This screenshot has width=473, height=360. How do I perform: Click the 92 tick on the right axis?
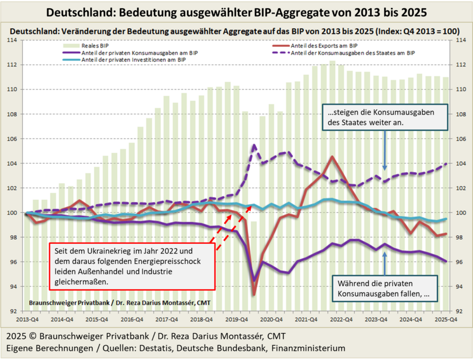458,311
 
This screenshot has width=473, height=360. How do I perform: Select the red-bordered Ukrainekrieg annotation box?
131,266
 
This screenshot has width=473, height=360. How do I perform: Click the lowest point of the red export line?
254,295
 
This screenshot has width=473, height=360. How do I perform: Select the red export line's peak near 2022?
332,156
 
